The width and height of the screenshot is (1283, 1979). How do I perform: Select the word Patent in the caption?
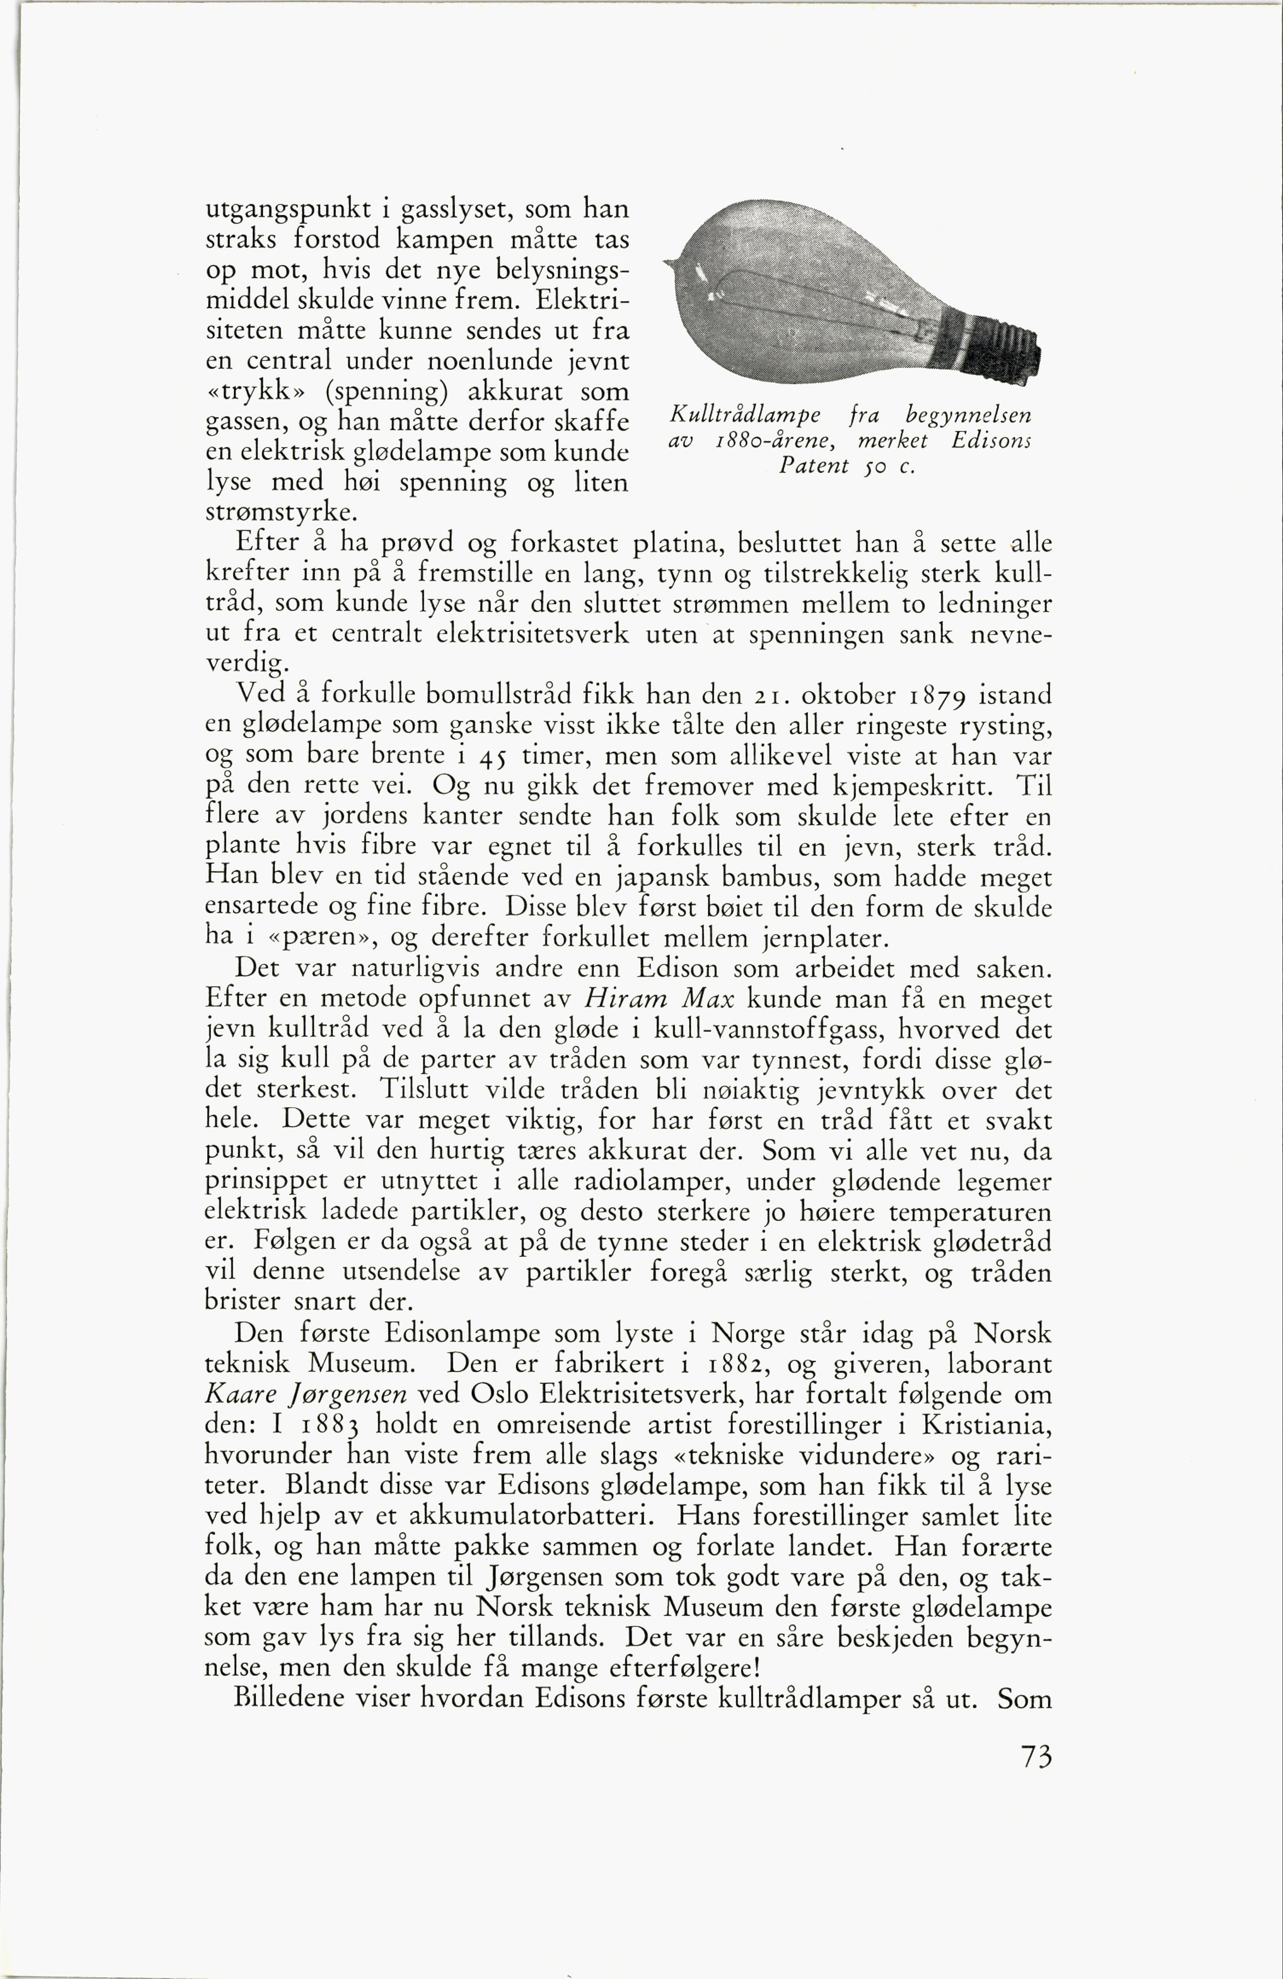[813, 466]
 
